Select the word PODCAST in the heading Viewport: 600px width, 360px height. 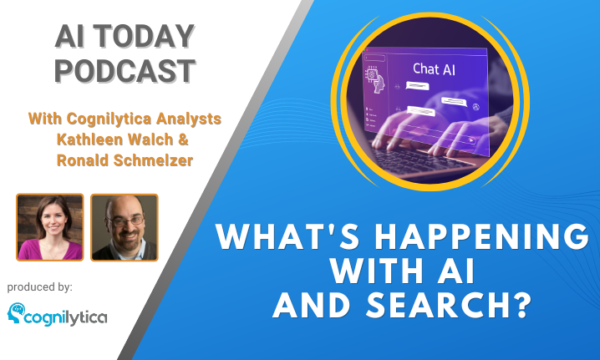coord(125,71)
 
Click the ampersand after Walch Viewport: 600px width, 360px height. coord(183,139)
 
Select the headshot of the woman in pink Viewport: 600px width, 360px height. coord(50,227)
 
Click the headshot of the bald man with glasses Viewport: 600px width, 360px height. coord(125,227)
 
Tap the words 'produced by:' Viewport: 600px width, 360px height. coord(40,287)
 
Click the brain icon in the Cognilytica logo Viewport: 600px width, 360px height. coord(16,313)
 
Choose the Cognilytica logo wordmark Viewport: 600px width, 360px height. coord(66,318)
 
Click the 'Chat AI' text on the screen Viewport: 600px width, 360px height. coord(434,69)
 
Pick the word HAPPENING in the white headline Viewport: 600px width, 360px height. coord(482,236)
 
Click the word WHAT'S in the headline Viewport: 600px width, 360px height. coord(288,236)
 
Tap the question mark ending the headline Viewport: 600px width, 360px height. coord(523,305)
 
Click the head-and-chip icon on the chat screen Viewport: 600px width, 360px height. coord(374,79)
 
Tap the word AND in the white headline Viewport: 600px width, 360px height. coord(312,305)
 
